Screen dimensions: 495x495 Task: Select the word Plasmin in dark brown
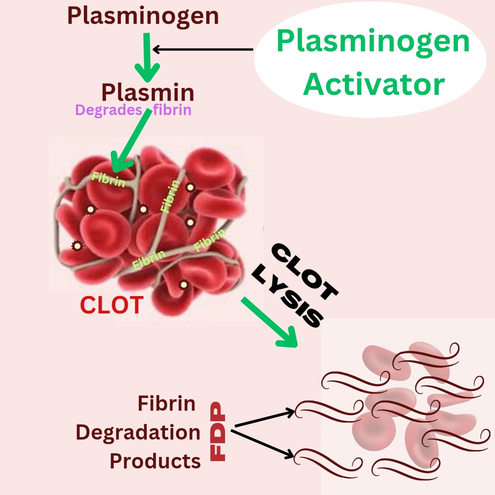pos(148,93)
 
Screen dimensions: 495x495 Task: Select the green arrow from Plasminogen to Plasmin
pos(147,57)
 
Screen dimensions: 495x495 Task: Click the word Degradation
pos(138,433)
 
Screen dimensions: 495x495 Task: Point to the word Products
pos(155,461)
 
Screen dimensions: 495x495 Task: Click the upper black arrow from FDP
pos(264,418)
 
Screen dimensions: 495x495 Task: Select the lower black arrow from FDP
pos(264,444)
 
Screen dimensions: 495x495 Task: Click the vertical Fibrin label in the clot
pos(170,196)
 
